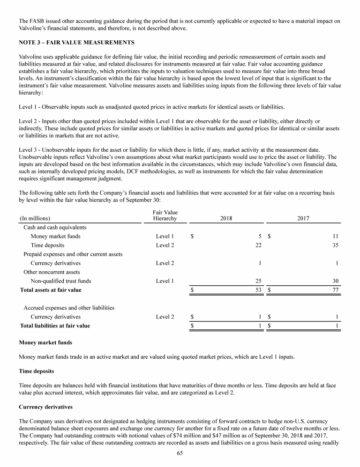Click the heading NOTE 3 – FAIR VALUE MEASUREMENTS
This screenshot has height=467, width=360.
[76, 43]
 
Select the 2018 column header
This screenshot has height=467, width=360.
[226, 218]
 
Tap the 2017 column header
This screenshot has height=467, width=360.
[303, 218]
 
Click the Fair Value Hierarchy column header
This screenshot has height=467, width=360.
[165, 215]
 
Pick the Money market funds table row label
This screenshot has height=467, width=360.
[55, 236]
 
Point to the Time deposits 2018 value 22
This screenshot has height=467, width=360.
[258, 245]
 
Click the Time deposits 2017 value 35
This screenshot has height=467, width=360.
[335, 245]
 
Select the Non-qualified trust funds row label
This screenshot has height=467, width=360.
[61, 281]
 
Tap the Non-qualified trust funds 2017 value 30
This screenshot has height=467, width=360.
[335, 281]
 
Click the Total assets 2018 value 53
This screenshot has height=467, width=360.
[258, 290]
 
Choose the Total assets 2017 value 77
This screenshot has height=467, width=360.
[335, 290]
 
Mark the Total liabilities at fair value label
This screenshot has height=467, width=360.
[55, 326]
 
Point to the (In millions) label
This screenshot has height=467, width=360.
[35, 218]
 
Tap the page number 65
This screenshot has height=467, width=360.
[180, 453]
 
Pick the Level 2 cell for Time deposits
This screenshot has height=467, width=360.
[165, 245]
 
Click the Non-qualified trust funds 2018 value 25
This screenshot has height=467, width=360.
[258, 281]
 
